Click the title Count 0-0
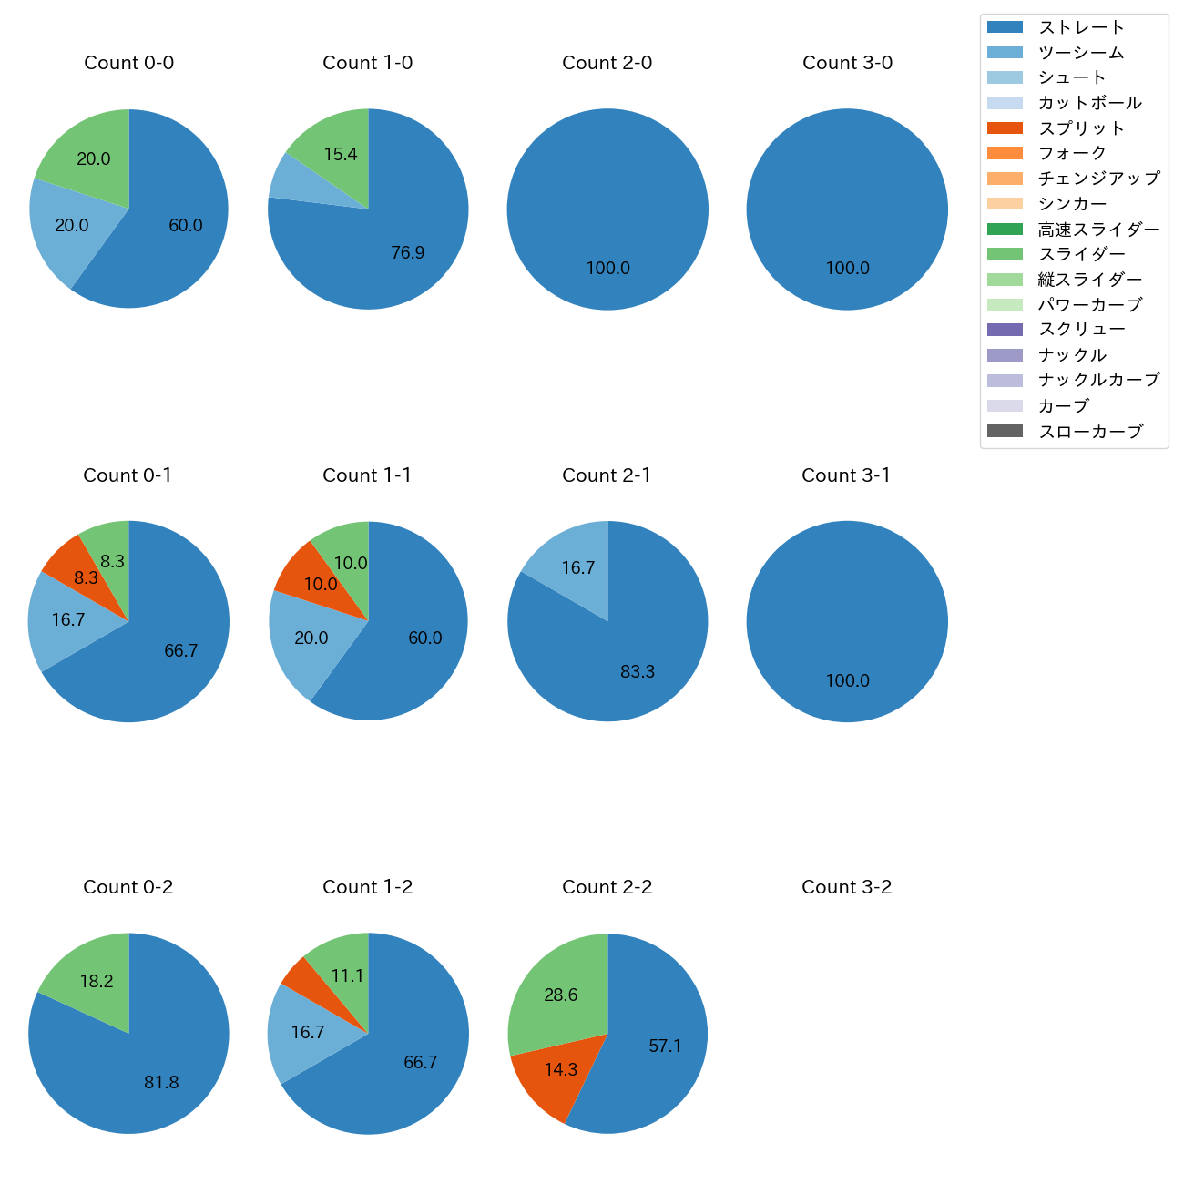pyautogui.click(x=128, y=63)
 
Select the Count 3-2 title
pyautogui.click(x=846, y=887)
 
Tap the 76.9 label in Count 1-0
pyautogui.click(x=407, y=252)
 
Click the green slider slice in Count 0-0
pyautogui.click(x=87, y=150)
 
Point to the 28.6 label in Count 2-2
pyautogui.click(x=560, y=995)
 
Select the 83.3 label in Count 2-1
pyautogui.click(x=638, y=671)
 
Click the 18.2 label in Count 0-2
pyautogui.click(x=97, y=981)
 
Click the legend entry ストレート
pyautogui.click(x=1081, y=27)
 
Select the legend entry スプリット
pyautogui.click(x=1081, y=128)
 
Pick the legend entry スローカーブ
pyautogui.click(x=1090, y=432)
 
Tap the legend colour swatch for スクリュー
pyautogui.click(x=1005, y=330)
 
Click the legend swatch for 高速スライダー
pyautogui.click(x=1005, y=230)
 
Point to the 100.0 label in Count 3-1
pyautogui.click(x=847, y=680)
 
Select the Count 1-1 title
pyautogui.click(x=367, y=475)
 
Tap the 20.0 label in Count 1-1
pyautogui.click(x=311, y=638)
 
